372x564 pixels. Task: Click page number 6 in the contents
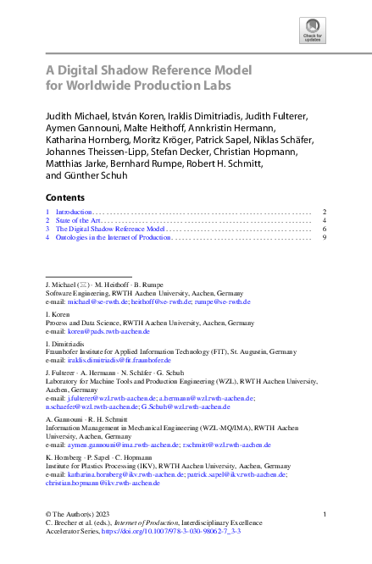pyautogui.click(x=325, y=229)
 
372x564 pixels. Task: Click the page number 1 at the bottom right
pyautogui.click(x=325, y=514)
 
